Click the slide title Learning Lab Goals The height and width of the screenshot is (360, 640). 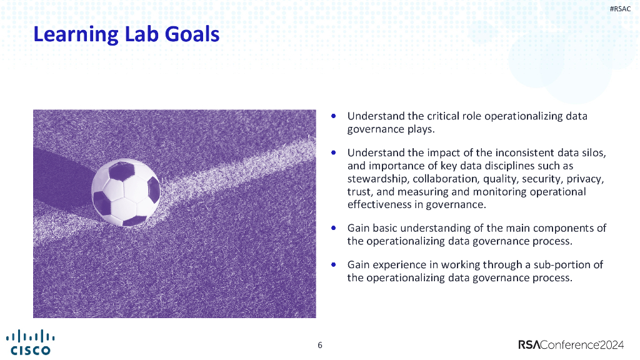pyautogui.click(x=126, y=34)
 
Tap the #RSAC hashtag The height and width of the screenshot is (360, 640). pyautogui.click(x=620, y=8)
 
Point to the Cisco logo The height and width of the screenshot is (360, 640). pyautogui.click(x=30, y=342)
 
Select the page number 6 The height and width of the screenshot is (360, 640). pyautogui.click(x=320, y=346)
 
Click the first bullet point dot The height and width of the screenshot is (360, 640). pyautogui.click(x=335, y=116)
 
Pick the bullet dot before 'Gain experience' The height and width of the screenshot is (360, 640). pyautogui.click(x=335, y=264)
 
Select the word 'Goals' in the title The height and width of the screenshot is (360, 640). pyautogui.click(x=192, y=34)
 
